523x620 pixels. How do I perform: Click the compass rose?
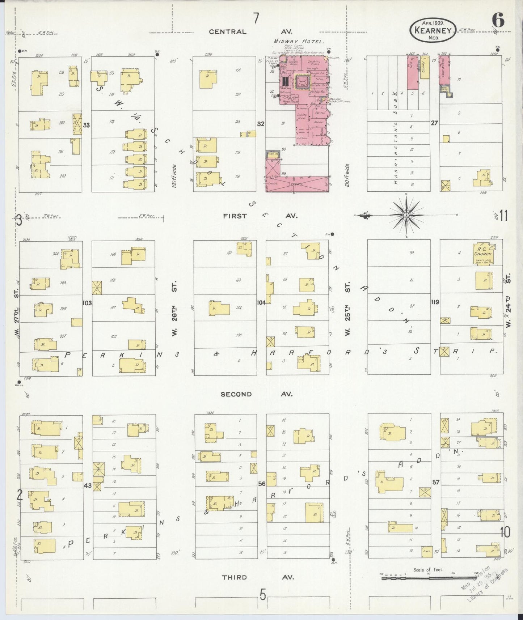coord(406,215)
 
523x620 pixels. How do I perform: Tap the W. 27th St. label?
coord(17,315)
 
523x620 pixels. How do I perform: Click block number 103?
coord(87,303)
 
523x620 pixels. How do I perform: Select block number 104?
coord(261,302)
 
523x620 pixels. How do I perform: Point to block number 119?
coord(435,302)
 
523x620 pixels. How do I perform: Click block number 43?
coord(87,485)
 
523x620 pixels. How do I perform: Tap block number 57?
coord(435,482)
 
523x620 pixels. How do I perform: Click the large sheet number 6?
coord(498,21)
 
